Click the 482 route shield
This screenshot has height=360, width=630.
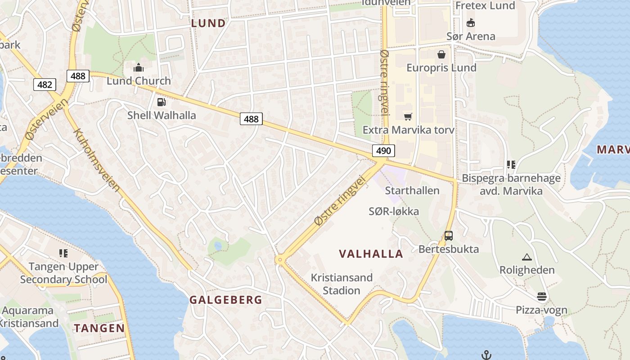(45, 84)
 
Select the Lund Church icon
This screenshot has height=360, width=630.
(139, 68)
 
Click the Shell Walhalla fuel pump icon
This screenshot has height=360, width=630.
(161, 102)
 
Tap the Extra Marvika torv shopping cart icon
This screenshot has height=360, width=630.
(408, 117)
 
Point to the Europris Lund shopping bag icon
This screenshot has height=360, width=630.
(441, 54)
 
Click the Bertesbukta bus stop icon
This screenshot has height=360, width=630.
(449, 235)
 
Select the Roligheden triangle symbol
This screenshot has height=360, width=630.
(526, 257)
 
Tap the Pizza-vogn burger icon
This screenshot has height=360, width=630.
(542, 297)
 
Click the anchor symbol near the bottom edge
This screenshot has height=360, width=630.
(486, 355)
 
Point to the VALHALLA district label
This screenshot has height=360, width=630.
(371, 254)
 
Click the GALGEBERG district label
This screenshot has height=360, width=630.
(225, 300)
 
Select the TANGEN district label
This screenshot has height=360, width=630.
(99, 328)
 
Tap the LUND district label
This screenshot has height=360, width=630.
(208, 23)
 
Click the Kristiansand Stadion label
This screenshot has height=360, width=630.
(342, 284)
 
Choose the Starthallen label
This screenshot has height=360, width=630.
(412, 190)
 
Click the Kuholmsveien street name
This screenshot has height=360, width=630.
(97, 160)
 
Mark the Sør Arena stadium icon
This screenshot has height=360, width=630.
(471, 22)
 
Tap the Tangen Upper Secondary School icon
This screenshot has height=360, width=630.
(63, 253)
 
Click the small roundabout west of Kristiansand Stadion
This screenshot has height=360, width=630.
(280, 260)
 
